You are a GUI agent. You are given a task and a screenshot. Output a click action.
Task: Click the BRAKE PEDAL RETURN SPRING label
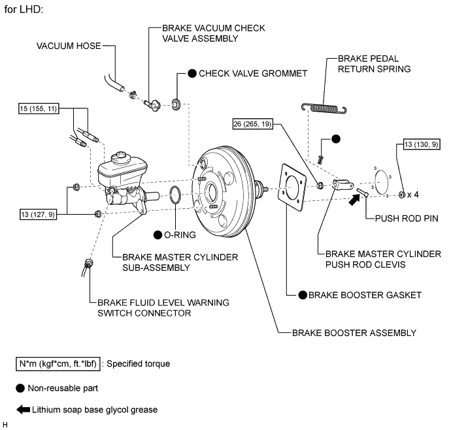[x=374, y=63]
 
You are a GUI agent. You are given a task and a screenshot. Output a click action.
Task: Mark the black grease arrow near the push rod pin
[x=353, y=202]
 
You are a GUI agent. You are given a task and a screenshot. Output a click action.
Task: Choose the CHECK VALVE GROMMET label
[x=252, y=74]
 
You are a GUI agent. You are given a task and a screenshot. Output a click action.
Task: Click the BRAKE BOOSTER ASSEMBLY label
[x=354, y=333]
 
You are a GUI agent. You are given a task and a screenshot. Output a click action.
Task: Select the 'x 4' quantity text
[x=412, y=194]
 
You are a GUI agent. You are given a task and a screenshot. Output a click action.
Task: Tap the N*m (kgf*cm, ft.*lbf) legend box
[x=58, y=363]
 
